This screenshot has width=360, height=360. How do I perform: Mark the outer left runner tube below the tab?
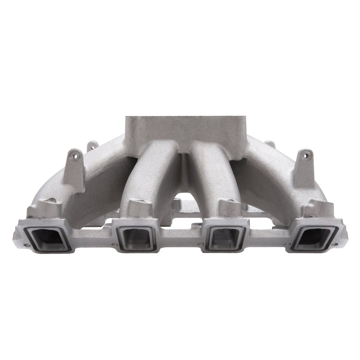pos(94,180)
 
